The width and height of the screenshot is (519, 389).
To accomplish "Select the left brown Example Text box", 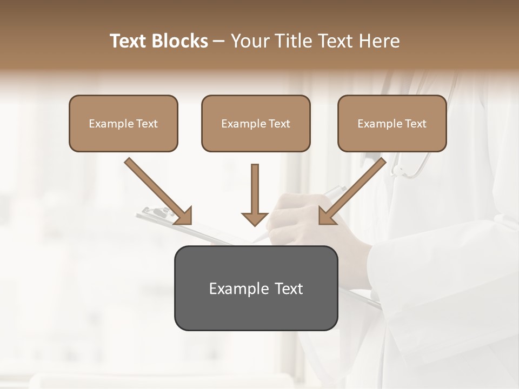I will [123, 124].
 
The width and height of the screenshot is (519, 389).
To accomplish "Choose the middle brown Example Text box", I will [256, 124].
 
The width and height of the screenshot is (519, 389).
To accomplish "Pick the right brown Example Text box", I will [392, 124].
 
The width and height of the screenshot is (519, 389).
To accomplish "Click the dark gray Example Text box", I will [256, 288].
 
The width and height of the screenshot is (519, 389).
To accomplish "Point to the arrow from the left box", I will [157, 190].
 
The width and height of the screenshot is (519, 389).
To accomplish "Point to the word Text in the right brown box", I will [415, 124].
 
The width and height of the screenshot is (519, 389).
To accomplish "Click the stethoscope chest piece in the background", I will [397, 171].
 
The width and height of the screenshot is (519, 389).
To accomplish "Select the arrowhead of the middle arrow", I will [255, 218].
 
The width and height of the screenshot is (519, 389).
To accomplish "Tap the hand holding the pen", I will [295, 219].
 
